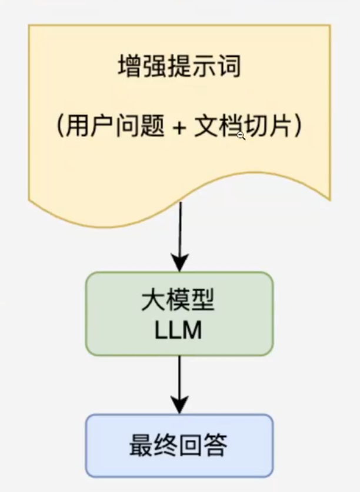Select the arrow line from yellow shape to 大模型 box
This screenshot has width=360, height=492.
click(180, 229)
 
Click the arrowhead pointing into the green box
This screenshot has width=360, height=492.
click(180, 262)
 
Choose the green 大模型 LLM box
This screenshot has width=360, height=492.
click(179, 313)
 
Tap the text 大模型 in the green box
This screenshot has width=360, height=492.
click(179, 302)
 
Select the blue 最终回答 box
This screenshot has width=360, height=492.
click(179, 445)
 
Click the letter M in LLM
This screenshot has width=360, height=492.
click(192, 331)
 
